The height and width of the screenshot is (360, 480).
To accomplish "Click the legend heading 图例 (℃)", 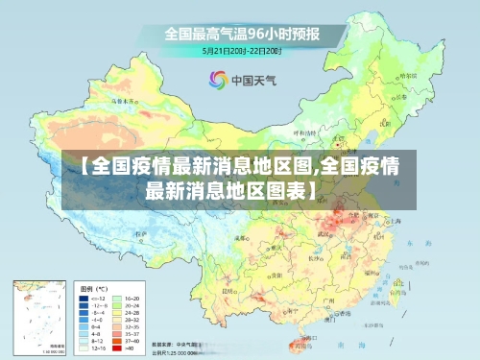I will tap(95, 288).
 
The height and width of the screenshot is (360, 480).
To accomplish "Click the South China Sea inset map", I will tap(37, 317).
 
